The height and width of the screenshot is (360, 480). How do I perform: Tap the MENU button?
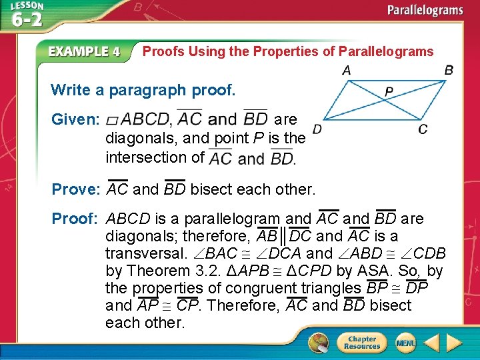pos(405,343)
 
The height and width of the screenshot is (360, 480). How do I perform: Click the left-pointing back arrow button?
pos(431,343)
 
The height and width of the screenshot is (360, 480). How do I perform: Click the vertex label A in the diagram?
pos(347,70)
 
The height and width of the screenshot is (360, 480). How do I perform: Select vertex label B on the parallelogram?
pos(449,70)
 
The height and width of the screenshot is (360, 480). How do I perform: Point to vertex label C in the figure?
pos(423,129)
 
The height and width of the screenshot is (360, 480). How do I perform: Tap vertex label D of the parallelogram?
pos(317,128)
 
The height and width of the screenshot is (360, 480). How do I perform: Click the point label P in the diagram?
pos(389,91)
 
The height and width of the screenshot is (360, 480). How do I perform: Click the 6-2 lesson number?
pos(27,19)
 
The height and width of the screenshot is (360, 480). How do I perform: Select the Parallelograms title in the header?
pos(426,11)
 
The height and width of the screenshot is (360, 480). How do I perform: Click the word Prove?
pos(75,189)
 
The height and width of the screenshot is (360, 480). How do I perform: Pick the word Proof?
pos(75,219)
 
